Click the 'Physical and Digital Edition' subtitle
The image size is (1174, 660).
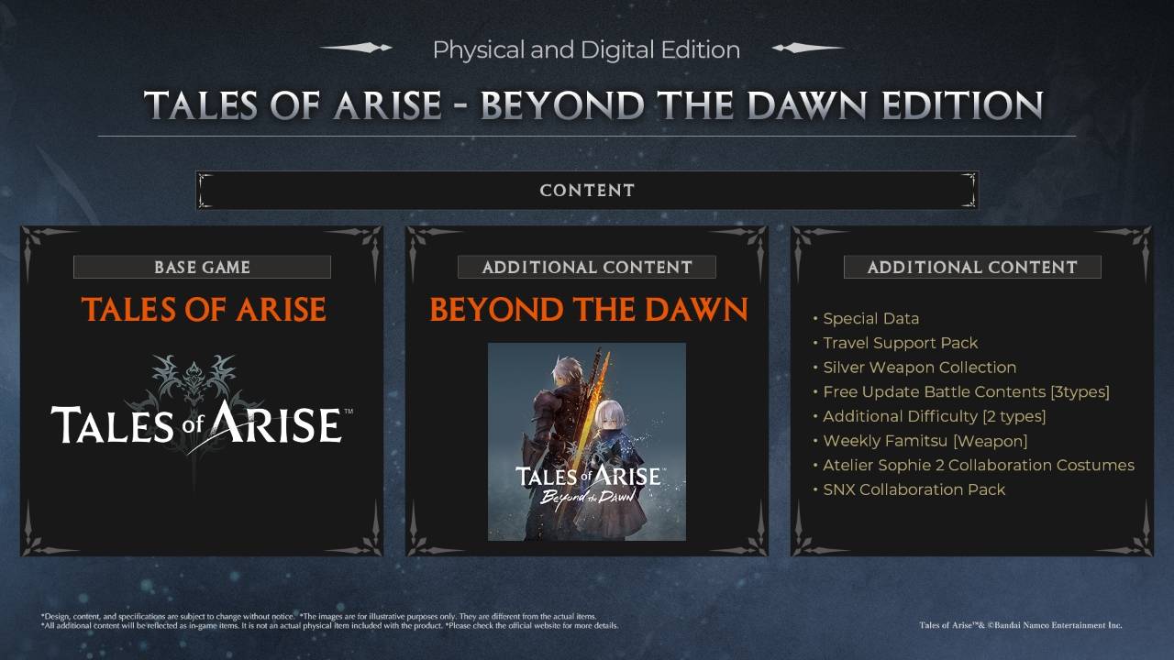586,49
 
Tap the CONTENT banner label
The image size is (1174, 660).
587,191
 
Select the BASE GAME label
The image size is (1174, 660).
202,268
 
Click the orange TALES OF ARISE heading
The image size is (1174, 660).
203,310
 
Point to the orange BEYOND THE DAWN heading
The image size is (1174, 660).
588,310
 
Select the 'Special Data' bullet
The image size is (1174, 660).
870,319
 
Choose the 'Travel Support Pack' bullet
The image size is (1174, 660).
900,343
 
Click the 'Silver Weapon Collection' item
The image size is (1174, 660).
919,368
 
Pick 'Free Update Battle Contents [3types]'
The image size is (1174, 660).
966,392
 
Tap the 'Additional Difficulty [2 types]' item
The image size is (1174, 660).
934,416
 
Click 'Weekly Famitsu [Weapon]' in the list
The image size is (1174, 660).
925,441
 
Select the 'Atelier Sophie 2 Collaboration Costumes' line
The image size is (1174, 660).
978,466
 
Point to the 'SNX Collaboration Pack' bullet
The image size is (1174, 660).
914,489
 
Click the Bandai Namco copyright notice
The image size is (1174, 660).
1020,625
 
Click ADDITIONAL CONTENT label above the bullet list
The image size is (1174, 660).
972,268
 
